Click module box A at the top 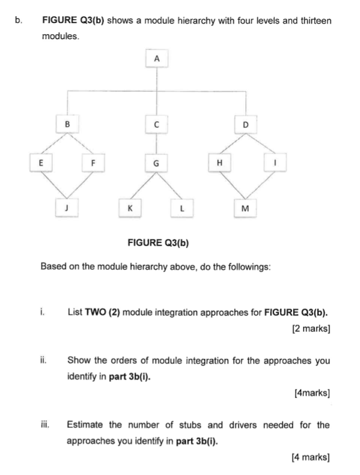point(156,58)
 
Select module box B point(68,125)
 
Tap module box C point(156,125)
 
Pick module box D point(245,125)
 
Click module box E point(41,162)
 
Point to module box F point(94,162)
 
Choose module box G point(156,163)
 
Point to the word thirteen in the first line point(314,21)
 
